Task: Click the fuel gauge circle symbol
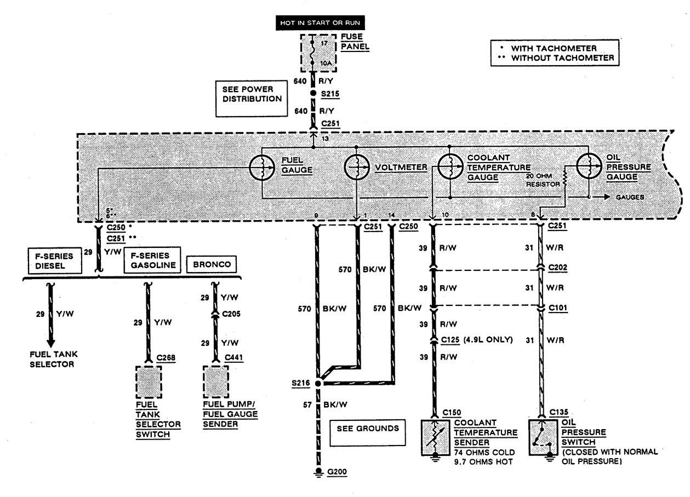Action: pos(263,168)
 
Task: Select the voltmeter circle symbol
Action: pos(357,168)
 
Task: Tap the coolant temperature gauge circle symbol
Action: pos(449,168)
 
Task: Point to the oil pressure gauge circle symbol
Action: pos(589,168)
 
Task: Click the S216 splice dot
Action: pos(317,384)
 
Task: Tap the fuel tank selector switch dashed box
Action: pos(148,382)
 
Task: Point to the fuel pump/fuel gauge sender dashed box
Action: pos(215,382)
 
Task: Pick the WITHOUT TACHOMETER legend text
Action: pos(561,58)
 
